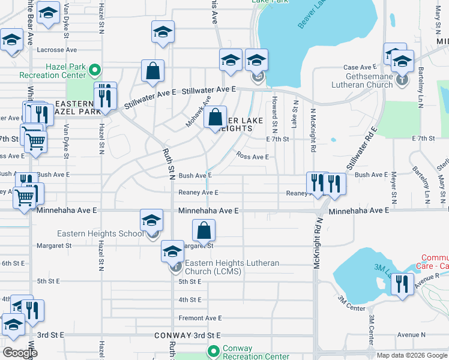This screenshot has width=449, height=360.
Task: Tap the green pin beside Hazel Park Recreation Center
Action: point(93,71)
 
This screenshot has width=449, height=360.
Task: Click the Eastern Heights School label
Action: point(100,233)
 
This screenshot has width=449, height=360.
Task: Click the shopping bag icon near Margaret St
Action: point(204,230)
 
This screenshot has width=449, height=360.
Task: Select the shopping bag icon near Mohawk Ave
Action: point(215,117)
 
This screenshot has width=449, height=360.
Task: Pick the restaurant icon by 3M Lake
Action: point(402,284)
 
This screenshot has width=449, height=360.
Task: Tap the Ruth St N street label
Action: point(168,164)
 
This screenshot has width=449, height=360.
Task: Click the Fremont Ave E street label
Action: point(200,318)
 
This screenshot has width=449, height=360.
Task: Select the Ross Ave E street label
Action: point(253,156)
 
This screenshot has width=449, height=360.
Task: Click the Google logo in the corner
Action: point(20,352)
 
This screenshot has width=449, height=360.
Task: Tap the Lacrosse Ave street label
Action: point(57,50)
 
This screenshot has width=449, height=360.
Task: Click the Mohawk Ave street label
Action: point(198,112)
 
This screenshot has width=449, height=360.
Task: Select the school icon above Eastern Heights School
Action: point(151,220)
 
